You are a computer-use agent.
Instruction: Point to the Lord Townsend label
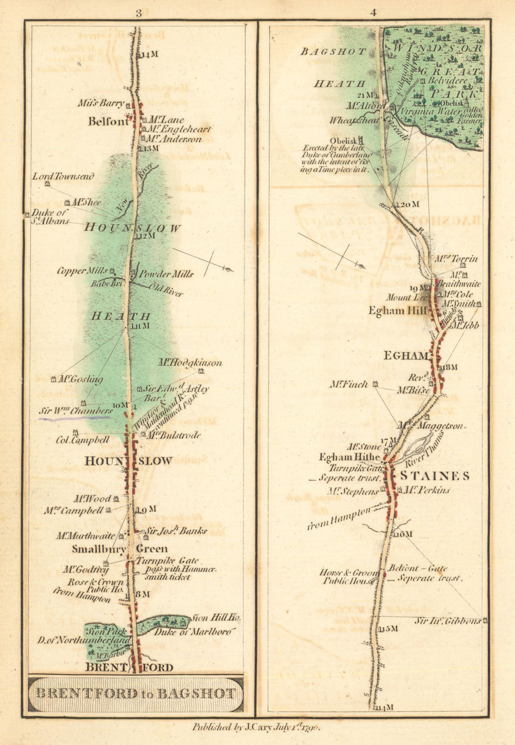pyautogui.click(x=63, y=177)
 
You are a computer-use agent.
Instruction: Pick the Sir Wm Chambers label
pyautogui.click(x=76, y=411)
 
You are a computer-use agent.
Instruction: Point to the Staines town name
pyautogui.click(x=435, y=475)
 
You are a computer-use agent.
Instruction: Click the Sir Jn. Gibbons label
pyautogui.click(x=448, y=621)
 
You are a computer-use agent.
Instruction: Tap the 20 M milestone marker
pyautogui.click(x=407, y=205)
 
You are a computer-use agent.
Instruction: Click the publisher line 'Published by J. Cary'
pyautogui.click(x=256, y=727)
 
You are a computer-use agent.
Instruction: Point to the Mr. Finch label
pyautogui.click(x=349, y=385)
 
